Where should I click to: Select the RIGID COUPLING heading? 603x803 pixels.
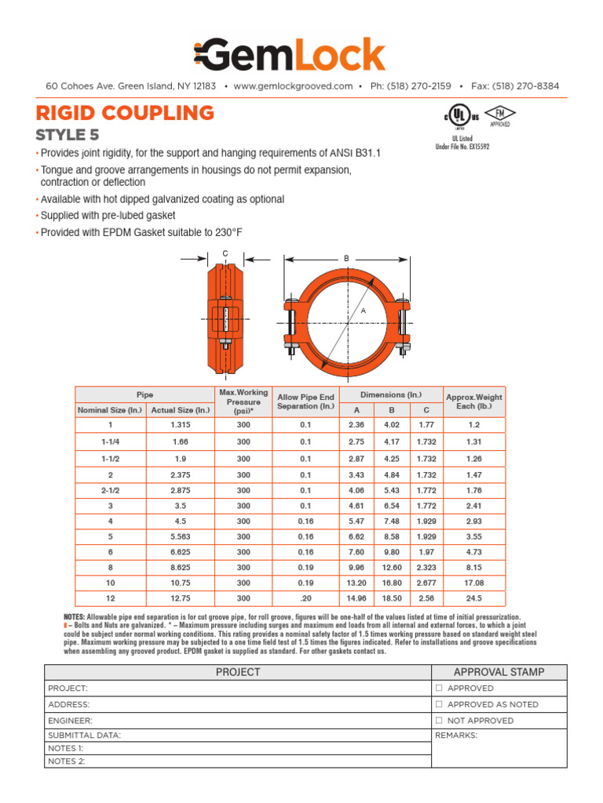click(125, 112)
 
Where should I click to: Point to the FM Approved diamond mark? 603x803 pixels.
click(499, 114)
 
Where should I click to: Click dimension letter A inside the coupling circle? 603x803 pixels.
click(363, 311)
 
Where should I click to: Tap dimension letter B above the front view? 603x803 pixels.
click(345, 258)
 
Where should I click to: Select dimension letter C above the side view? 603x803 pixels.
click(225, 253)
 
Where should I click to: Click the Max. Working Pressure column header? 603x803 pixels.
click(243, 401)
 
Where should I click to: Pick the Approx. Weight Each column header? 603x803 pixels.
click(473, 401)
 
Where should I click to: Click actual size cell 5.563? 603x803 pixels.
click(181, 536)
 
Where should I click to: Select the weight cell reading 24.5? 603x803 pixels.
click(473, 597)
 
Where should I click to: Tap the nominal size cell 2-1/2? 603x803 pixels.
click(110, 491)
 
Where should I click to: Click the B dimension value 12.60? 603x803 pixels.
click(391, 567)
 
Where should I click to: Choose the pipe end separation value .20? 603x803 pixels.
click(305, 597)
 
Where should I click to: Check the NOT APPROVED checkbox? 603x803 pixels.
click(440, 720)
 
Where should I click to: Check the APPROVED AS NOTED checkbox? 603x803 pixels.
click(440, 704)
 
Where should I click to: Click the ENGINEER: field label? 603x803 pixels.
click(71, 720)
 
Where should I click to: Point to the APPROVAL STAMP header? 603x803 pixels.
click(499, 672)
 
